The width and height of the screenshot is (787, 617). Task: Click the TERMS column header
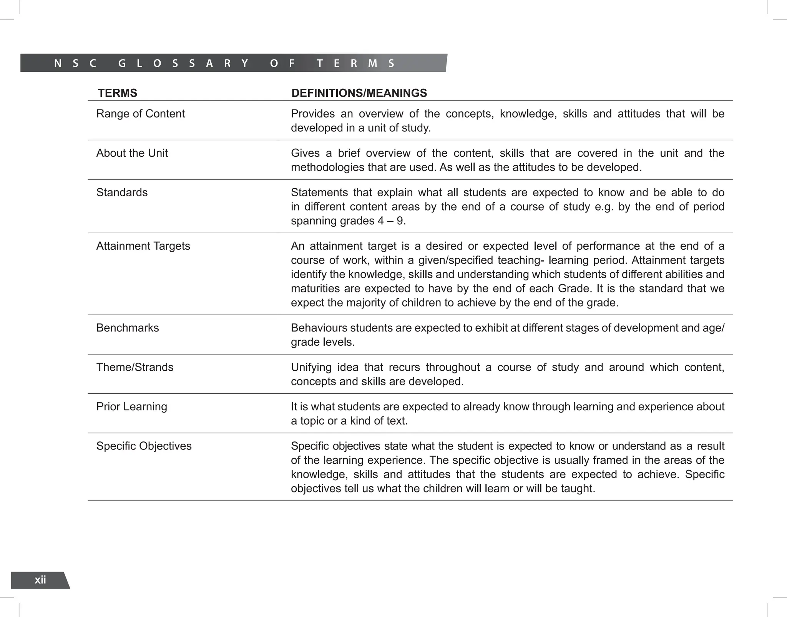117,93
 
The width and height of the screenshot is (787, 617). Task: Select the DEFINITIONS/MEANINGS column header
359,93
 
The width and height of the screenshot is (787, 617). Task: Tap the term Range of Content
140,114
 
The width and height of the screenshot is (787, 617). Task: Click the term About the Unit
132,153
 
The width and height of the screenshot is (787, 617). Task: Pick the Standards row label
122,192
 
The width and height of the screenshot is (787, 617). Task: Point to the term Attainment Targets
143,246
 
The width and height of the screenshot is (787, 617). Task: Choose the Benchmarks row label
127,328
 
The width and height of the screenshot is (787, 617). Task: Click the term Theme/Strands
134,367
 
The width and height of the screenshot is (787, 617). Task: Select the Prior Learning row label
131,406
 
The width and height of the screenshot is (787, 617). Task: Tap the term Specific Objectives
144,446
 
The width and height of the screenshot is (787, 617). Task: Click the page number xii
40,580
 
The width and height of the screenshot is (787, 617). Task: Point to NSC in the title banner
75,63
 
